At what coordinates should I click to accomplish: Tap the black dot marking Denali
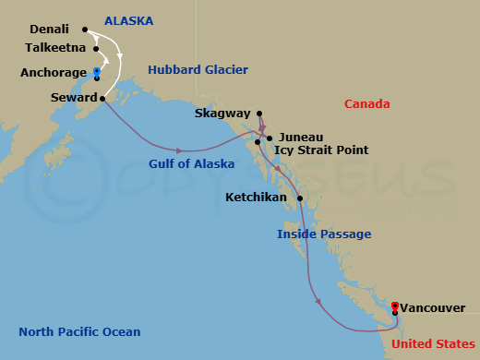click(x=84, y=30)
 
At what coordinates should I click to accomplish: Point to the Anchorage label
click(x=57, y=73)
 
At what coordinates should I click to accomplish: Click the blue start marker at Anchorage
click(x=97, y=70)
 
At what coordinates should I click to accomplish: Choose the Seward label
click(x=73, y=97)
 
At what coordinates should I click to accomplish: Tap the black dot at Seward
click(x=102, y=98)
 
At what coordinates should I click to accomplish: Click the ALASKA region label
click(x=128, y=20)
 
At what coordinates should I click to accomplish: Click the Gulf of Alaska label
click(x=191, y=163)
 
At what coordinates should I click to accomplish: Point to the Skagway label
click(x=222, y=114)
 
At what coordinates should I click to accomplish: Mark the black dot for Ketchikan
click(x=300, y=198)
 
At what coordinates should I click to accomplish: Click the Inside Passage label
click(x=324, y=234)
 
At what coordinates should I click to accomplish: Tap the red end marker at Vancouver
click(x=394, y=306)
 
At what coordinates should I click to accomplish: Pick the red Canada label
click(x=366, y=104)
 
